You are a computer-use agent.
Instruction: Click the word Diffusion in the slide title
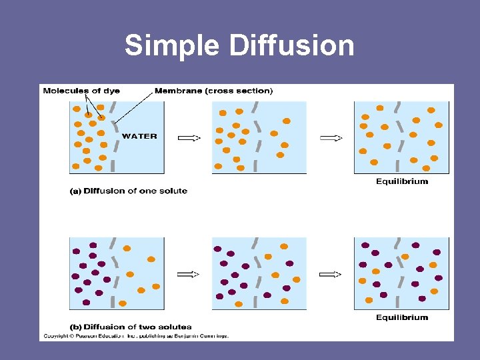tap(292, 46)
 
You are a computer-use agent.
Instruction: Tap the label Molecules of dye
tap(81, 91)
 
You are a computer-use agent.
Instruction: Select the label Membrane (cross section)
tap(213, 91)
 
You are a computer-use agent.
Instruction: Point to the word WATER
tap(139, 136)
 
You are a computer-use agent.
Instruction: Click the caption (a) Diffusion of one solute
tap(129, 191)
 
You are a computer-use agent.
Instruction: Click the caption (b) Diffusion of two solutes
tap(131, 327)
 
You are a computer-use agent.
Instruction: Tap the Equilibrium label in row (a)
tap(402, 181)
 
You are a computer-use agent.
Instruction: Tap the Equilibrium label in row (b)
tap(402, 317)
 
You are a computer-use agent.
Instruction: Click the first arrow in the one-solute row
tap(189, 138)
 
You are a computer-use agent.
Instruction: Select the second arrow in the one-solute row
tap(331, 138)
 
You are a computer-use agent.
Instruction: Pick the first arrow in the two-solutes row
tap(189, 274)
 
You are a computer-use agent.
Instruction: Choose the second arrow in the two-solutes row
tap(331, 274)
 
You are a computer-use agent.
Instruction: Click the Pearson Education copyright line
tap(136, 336)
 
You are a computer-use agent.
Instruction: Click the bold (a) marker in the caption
tap(75, 191)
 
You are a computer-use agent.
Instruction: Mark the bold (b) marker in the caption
tap(75, 327)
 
